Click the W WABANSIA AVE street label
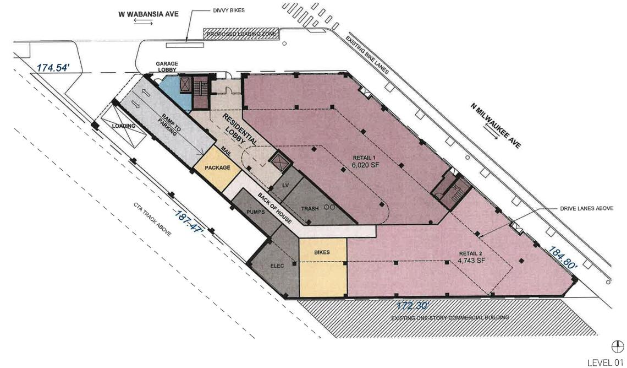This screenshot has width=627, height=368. pyautogui.click(x=148, y=14)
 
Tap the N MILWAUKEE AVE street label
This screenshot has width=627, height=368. pyautogui.click(x=496, y=126)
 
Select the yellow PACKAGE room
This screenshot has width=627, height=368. pyautogui.click(x=217, y=168)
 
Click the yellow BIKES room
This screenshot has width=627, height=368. pyautogui.click(x=323, y=268)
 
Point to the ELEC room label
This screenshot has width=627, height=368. pyautogui.click(x=277, y=266)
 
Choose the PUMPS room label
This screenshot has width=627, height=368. pyautogui.click(x=256, y=212)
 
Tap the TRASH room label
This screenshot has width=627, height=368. pyautogui.click(x=310, y=209)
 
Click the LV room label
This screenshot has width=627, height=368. pyautogui.click(x=285, y=186)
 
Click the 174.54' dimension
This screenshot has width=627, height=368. pyautogui.click(x=53, y=68)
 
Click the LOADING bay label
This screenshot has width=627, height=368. pyautogui.click(x=124, y=126)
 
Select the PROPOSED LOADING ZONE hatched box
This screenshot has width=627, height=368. pyautogui.click(x=241, y=34)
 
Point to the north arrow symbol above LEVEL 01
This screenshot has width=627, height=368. pyautogui.click(x=618, y=347)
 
